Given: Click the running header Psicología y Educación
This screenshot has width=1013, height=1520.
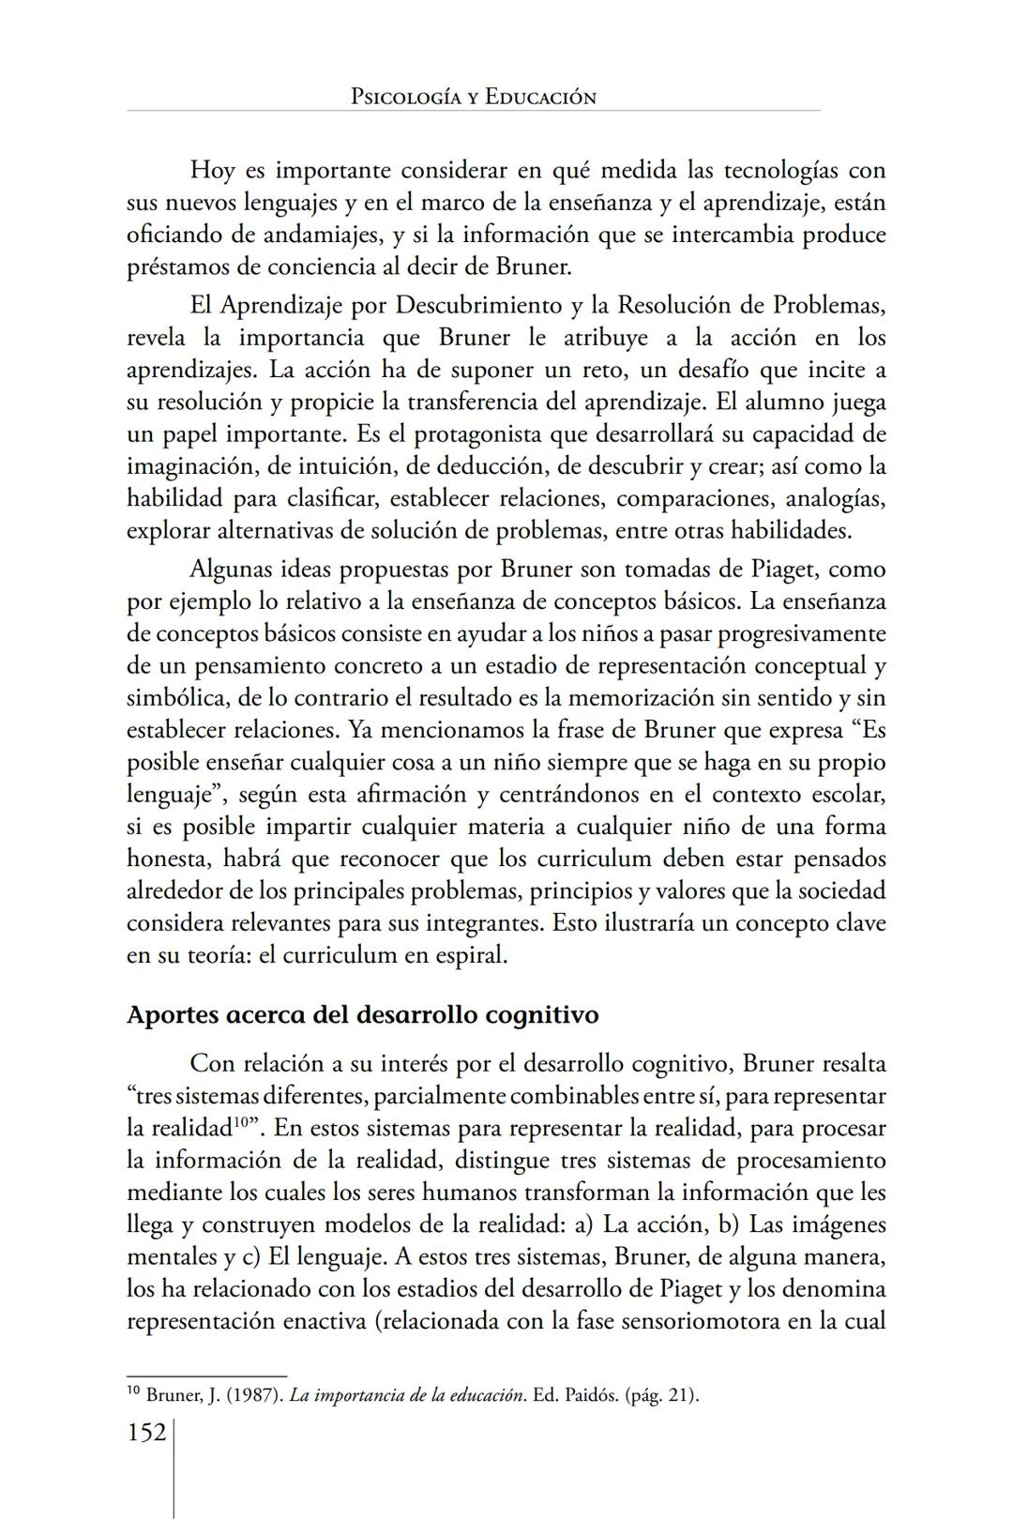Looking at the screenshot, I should pos(473,97).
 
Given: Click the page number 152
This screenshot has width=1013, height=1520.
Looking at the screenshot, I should pos(146,1433).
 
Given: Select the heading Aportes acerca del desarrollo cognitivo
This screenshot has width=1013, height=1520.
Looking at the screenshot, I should pos(362,1015).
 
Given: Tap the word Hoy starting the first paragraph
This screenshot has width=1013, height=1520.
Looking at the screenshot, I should pos(212,171).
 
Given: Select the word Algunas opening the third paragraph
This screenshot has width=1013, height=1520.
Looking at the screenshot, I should pos(229,570).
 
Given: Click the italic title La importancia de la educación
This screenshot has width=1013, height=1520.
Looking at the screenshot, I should pos(406,1395).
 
